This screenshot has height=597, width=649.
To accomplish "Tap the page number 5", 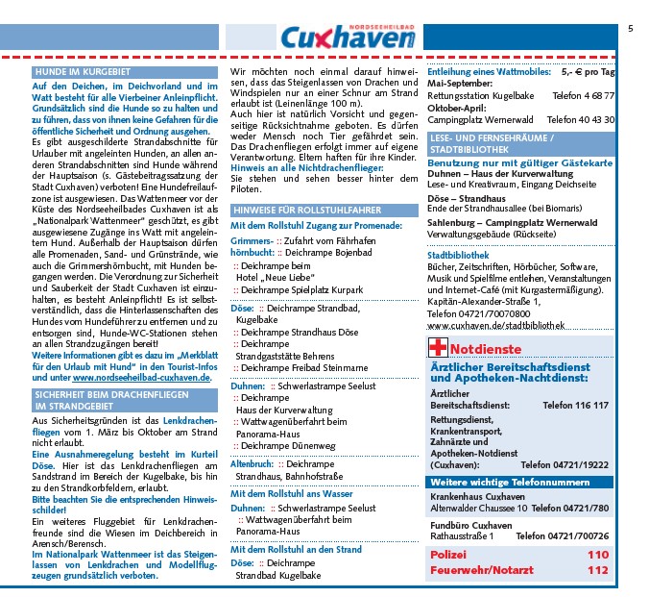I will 631,29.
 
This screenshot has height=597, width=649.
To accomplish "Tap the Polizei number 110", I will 598,555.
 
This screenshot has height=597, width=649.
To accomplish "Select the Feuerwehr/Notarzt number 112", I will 598,570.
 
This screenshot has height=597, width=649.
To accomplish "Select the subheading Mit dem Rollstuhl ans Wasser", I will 286,493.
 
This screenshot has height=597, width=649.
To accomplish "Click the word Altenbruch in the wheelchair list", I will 252,462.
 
